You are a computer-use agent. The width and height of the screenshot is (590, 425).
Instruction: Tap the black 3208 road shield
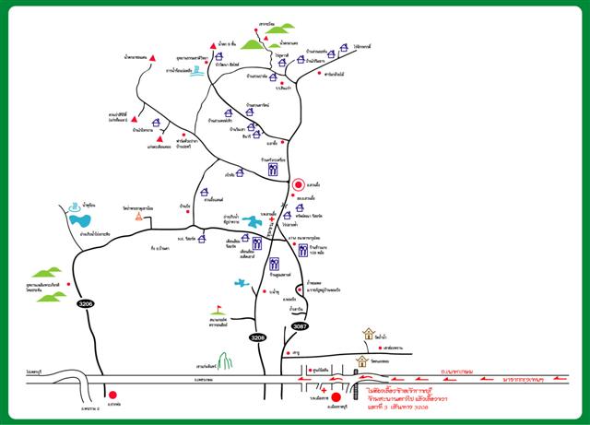click(x=259, y=338)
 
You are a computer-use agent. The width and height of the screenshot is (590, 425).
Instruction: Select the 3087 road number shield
click(x=300, y=325)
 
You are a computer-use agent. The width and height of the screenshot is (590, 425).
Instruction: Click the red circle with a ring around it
click(x=298, y=184)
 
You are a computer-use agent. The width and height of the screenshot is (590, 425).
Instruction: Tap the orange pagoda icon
click(x=138, y=219)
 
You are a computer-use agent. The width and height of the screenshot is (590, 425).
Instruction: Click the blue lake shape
click(x=80, y=220)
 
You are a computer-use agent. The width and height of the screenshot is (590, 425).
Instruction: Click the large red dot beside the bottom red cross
click(x=336, y=398)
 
